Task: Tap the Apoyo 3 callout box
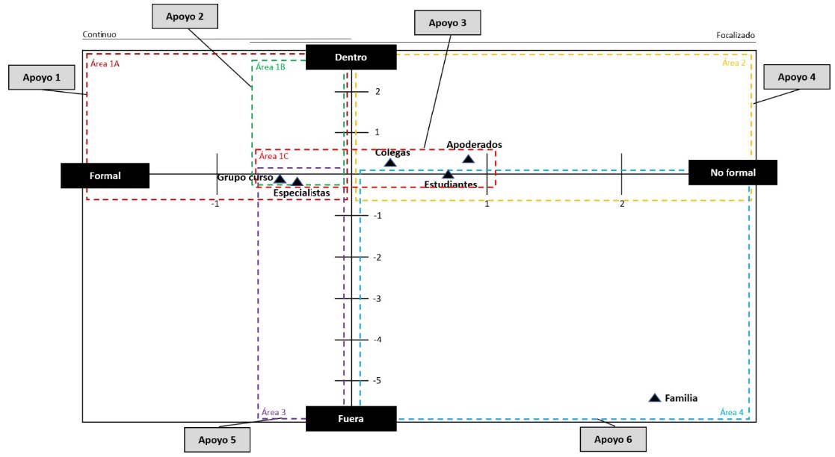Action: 447,23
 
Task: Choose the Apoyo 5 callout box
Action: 217,440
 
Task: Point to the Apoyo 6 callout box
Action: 613,440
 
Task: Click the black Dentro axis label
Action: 351,57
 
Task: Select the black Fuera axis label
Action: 351,419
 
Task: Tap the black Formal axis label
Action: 105,175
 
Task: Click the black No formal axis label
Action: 733,172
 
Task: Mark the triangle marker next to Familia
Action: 655,398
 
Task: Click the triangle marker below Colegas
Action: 389,163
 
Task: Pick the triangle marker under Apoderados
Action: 468,158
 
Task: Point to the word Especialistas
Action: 301,193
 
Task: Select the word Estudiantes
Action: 450,184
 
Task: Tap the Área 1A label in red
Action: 105,64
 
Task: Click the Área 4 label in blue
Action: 731,412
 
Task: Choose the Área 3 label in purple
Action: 274,412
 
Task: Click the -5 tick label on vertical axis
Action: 377,381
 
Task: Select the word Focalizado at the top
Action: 736,35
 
